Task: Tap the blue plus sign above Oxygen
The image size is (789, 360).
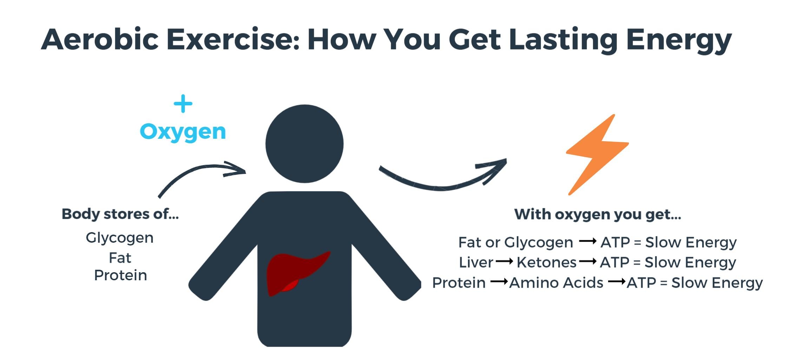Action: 183,104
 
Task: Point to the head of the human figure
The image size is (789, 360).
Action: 304,144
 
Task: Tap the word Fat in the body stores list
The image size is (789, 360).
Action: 120,258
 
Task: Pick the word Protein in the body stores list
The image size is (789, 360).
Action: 120,275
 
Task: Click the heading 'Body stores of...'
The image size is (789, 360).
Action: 120,214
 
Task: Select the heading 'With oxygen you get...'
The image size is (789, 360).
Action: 598,215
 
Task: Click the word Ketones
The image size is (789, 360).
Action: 546,263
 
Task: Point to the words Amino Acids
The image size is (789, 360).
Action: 556,283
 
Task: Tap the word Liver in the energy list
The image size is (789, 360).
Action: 476,263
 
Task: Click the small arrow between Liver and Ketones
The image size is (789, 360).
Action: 505,262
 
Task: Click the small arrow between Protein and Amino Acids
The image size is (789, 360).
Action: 499,282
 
